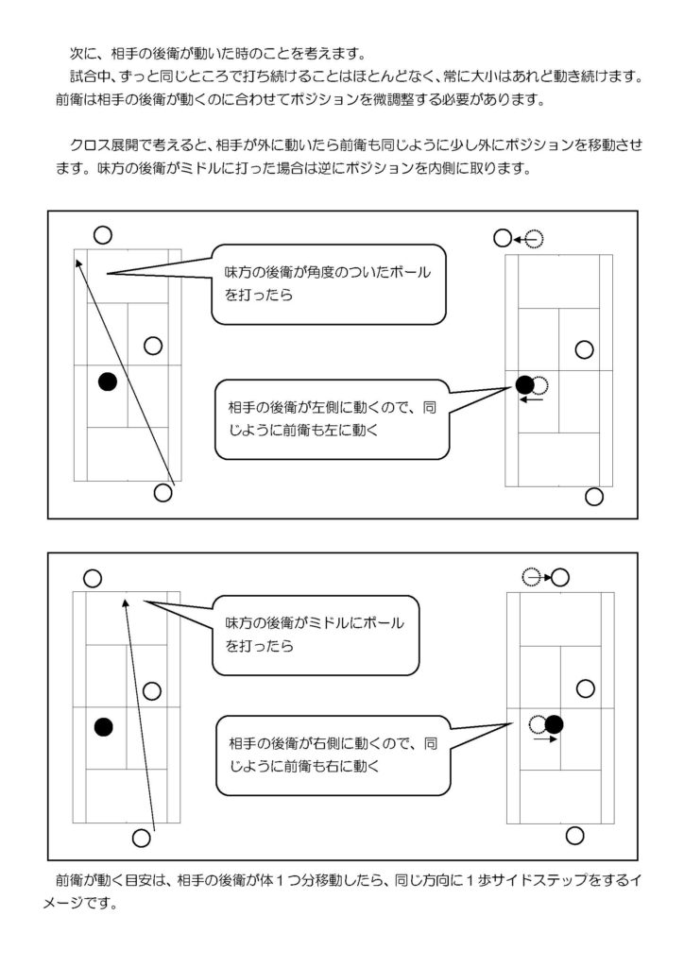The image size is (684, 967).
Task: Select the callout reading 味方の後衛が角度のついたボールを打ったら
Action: [x=326, y=282]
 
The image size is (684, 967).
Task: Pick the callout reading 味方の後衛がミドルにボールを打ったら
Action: [x=314, y=635]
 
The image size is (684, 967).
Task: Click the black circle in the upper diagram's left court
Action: [x=107, y=381]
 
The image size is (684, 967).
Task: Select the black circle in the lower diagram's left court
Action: [x=103, y=726]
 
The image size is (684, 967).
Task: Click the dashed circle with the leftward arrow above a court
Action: [x=534, y=240]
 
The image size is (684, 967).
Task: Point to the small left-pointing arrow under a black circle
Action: [x=533, y=399]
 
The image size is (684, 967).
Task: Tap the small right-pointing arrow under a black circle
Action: [x=544, y=740]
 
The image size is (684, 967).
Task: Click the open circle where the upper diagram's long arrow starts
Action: [x=163, y=491]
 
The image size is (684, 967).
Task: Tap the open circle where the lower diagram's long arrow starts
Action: [x=142, y=837]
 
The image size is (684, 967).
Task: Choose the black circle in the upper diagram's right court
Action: [x=524, y=383]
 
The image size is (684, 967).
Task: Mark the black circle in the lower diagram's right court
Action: [x=555, y=724]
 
